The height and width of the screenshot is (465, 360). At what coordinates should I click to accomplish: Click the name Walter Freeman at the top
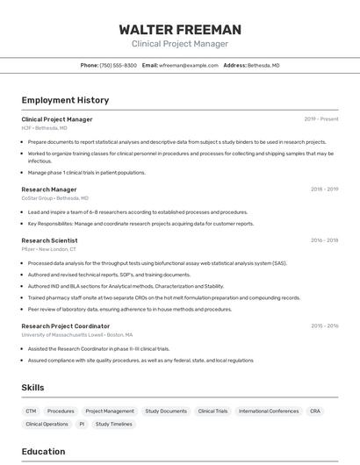pos(180,30)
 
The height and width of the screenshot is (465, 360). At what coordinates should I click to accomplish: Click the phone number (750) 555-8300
pos(118,65)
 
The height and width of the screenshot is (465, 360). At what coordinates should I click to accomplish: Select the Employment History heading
pos(65,100)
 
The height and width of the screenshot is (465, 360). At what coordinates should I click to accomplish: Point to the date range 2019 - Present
pos(321,119)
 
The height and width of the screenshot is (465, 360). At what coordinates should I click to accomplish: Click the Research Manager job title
pos(49,190)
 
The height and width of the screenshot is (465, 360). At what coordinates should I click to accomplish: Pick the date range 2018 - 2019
pos(324,190)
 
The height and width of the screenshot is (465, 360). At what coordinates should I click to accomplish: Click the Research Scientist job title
pos(49,240)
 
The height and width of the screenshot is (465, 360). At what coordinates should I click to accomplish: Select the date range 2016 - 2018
pos(324,240)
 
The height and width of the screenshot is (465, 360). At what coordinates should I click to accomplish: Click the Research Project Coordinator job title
pos(66,326)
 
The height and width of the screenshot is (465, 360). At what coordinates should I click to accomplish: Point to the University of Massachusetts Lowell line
pos(77,335)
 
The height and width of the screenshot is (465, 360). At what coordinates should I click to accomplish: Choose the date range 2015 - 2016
pos(324,326)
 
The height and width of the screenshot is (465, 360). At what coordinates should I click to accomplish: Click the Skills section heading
pos(32,388)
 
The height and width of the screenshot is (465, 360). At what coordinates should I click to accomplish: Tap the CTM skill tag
pos(31,411)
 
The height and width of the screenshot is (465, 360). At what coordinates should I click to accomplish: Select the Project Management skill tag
pos(110,411)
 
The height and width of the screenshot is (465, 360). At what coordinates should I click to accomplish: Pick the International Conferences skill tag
pos(269,411)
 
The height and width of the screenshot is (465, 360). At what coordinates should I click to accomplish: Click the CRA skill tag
pos(315,411)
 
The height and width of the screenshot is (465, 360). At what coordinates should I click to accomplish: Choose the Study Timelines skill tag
pos(114,424)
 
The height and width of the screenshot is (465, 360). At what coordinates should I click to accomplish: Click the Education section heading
pos(43,452)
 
